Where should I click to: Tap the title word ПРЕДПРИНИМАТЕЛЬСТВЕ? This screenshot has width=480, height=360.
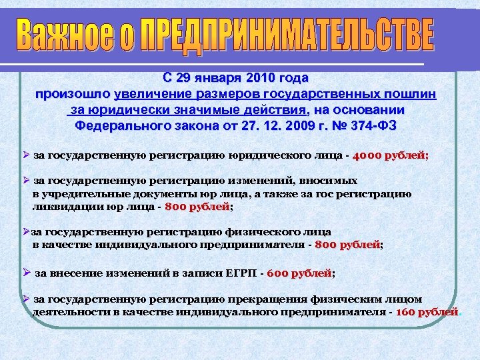[x=288, y=37]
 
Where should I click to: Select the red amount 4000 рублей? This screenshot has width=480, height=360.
[x=392, y=156]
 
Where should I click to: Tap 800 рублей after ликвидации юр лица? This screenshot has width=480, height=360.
[x=197, y=207]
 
